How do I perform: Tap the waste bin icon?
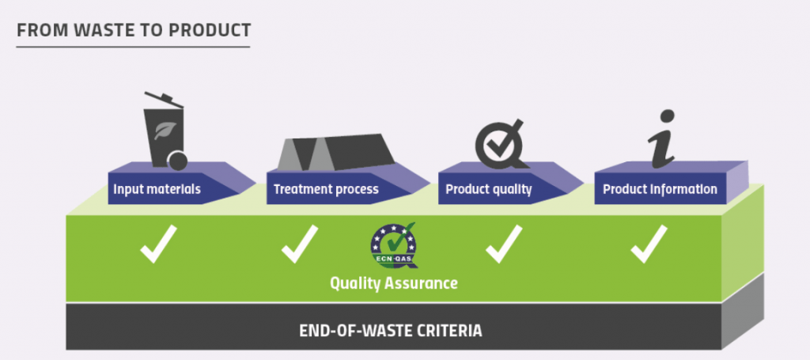(165, 131)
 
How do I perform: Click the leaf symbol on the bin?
(165, 131)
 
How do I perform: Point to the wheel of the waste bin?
(178, 161)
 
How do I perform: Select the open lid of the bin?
(164, 100)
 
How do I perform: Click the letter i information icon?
(662, 138)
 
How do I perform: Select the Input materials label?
(157, 189)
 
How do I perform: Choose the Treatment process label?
(326, 189)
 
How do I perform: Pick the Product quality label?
(489, 189)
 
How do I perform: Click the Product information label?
(660, 189)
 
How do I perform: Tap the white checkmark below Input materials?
(158, 244)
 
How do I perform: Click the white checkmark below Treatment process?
(300, 244)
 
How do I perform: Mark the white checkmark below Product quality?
(504, 244)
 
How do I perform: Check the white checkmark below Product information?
(649, 244)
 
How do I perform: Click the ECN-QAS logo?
(394, 245)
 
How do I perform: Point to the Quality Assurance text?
(394, 283)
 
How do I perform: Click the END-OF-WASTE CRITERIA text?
(391, 331)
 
